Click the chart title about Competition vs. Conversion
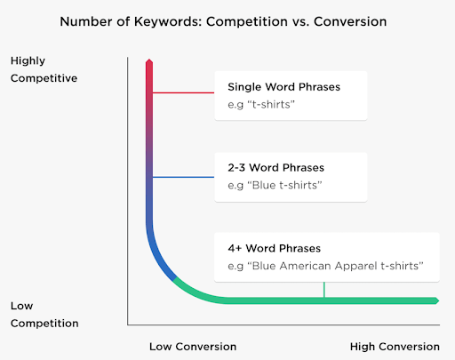(227, 19)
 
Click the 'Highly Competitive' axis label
(44, 69)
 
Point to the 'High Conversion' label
(395, 346)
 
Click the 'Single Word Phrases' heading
(283, 87)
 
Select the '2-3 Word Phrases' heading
(275, 167)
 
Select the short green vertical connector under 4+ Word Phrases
(324, 289)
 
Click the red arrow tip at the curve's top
(150, 61)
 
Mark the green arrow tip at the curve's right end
(435, 300)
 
